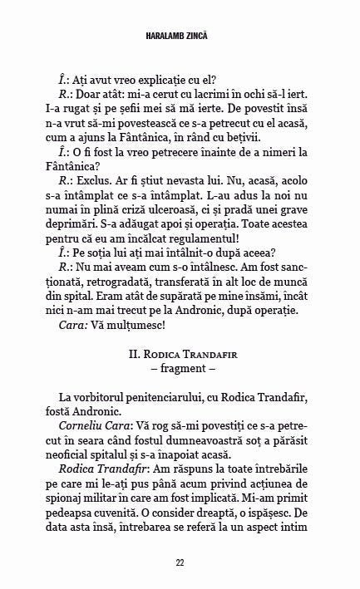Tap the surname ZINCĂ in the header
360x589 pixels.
coord(206,35)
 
